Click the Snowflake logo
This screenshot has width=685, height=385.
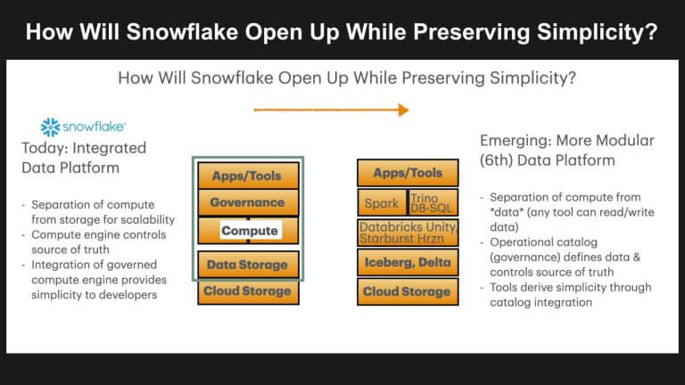(x=83, y=127)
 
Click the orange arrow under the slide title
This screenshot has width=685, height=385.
(x=331, y=110)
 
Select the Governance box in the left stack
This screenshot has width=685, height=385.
(x=247, y=202)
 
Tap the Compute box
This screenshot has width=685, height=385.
(x=249, y=231)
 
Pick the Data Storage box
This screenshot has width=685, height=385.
(x=247, y=264)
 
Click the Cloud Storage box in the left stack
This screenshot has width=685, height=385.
(x=247, y=291)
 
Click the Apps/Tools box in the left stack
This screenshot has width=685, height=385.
(x=247, y=176)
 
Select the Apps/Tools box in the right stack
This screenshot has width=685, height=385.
(x=408, y=173)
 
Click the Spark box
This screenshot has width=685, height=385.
(x=382, y=202)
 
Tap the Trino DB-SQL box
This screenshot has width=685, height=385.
(x=433, y=202)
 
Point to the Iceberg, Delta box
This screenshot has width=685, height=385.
(x=408, y=262)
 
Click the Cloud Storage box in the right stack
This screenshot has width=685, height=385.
(x=408, y=291)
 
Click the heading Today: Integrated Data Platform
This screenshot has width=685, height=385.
(x=84, y=157)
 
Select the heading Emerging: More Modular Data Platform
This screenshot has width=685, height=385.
(x=566, y=151)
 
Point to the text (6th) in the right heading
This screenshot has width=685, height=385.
(x=500, y=160)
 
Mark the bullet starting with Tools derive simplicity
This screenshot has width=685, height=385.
(x=570, y=294)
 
